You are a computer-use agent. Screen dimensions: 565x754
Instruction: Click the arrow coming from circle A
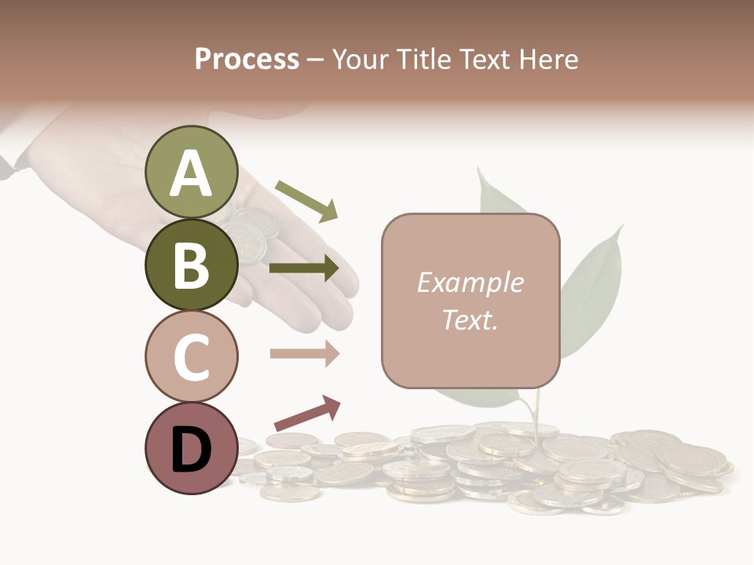[x=306, y=200]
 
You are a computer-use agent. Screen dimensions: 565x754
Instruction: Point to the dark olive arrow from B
[x=304, y=268]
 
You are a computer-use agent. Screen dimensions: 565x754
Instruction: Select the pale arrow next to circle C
[x=304, y=353]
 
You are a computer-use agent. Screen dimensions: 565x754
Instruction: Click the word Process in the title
[x=247, y=60]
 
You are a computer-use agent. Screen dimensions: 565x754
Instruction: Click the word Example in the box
[x=470, y=282]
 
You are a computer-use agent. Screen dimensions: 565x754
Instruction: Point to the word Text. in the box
[x=470, y=319]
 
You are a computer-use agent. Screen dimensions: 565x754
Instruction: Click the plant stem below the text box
[x=536, y=412]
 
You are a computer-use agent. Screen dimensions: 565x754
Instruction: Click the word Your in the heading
[x=361, y=60]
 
